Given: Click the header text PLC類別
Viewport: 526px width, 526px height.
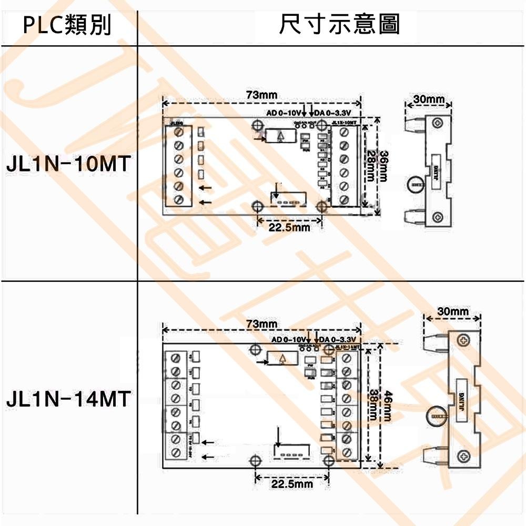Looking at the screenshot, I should [67, 25].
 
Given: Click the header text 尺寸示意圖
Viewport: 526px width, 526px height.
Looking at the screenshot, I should [339, 24].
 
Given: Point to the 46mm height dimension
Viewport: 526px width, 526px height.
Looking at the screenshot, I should [388, 405].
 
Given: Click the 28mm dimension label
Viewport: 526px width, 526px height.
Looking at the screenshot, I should [371, 166].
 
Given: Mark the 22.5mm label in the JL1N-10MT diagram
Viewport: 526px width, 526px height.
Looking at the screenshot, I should [289, 228].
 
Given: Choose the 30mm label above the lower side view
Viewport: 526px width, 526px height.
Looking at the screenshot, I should [452, 312].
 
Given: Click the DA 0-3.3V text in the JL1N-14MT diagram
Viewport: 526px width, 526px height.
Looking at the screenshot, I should [338, 340].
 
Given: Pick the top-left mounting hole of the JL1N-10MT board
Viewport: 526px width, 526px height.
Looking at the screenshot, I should [258, 124].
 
